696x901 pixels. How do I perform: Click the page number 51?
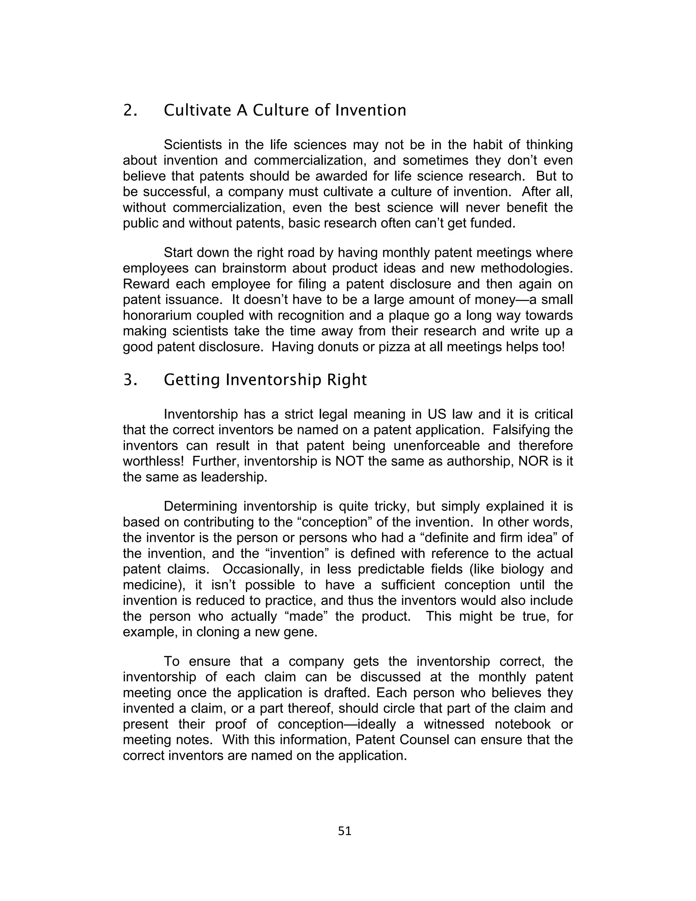point(344,831)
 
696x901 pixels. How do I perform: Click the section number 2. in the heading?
point(130,110)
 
